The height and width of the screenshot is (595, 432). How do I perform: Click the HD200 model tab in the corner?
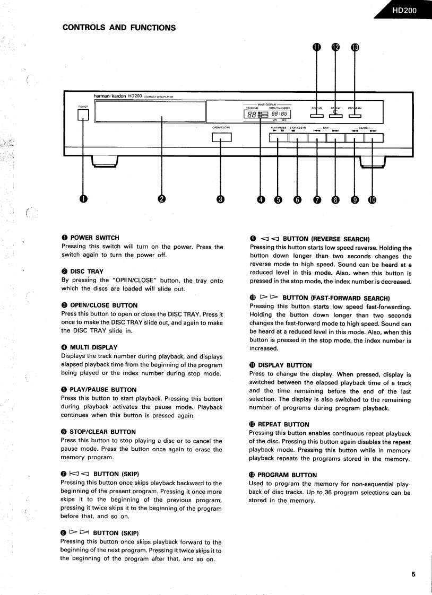[x=404, y=10]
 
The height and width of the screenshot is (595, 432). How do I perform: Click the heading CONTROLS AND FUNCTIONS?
[x=119, y=28]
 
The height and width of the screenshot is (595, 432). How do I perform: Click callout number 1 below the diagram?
[x=83, y=199]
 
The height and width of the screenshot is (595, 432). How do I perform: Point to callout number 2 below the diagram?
[x=161, y=199]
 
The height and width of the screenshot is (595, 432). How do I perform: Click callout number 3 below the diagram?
[x=221, y=199]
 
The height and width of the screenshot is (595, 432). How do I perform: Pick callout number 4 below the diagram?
[x=261, y=199]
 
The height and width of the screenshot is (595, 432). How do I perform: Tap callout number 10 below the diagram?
[x=372, y=199]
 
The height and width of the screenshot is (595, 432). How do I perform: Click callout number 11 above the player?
[x=317, y=47]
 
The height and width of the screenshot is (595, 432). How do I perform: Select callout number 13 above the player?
[x=355, y=47]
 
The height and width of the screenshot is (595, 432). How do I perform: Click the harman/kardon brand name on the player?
[x=110, y=96]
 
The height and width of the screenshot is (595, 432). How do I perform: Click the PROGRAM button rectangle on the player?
[x=355, y=116]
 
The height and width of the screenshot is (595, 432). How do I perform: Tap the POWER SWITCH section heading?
[x=94, y=238]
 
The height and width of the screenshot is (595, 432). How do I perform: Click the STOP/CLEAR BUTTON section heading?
[x=103, y=432]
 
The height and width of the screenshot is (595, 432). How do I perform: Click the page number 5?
[x=413, y=574]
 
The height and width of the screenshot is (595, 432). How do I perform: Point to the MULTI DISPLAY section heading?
[x=93, y=347]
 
